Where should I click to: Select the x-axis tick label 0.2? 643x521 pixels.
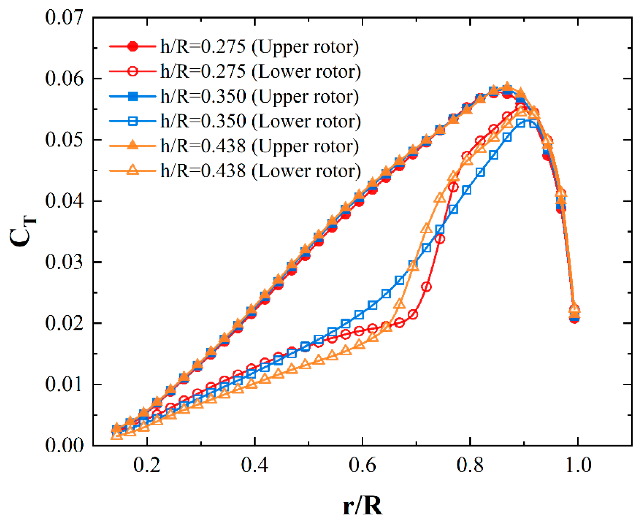147,465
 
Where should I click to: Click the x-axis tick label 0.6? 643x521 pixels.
362,465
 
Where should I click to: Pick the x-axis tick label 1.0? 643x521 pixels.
578,465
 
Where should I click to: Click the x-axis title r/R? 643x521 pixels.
362,506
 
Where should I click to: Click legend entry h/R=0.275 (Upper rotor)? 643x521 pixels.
259,47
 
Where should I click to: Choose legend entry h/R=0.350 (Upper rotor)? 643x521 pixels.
259,96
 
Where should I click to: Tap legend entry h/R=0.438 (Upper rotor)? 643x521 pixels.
259,146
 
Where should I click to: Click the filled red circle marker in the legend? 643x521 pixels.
133,46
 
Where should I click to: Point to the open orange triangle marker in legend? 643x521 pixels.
133,171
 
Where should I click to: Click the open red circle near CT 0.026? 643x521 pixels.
426,287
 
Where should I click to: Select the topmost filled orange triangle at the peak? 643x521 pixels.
507,86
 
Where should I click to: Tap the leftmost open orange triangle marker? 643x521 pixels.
117,435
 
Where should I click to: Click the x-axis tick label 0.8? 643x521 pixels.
470,465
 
